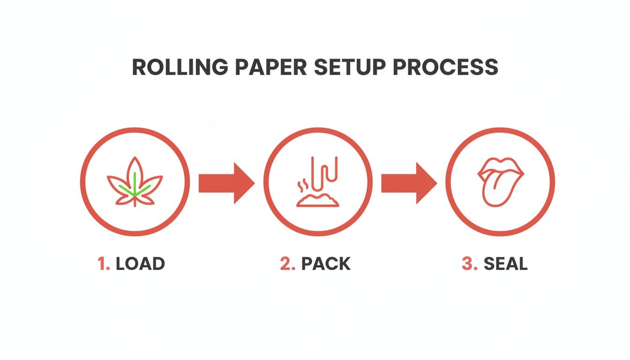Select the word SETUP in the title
click(x=351, y=68)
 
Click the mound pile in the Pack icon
click(x=317, y=201)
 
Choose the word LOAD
click(x=140, y=264)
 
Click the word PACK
click(x=326, y=264)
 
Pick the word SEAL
click(x=505, y=264)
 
